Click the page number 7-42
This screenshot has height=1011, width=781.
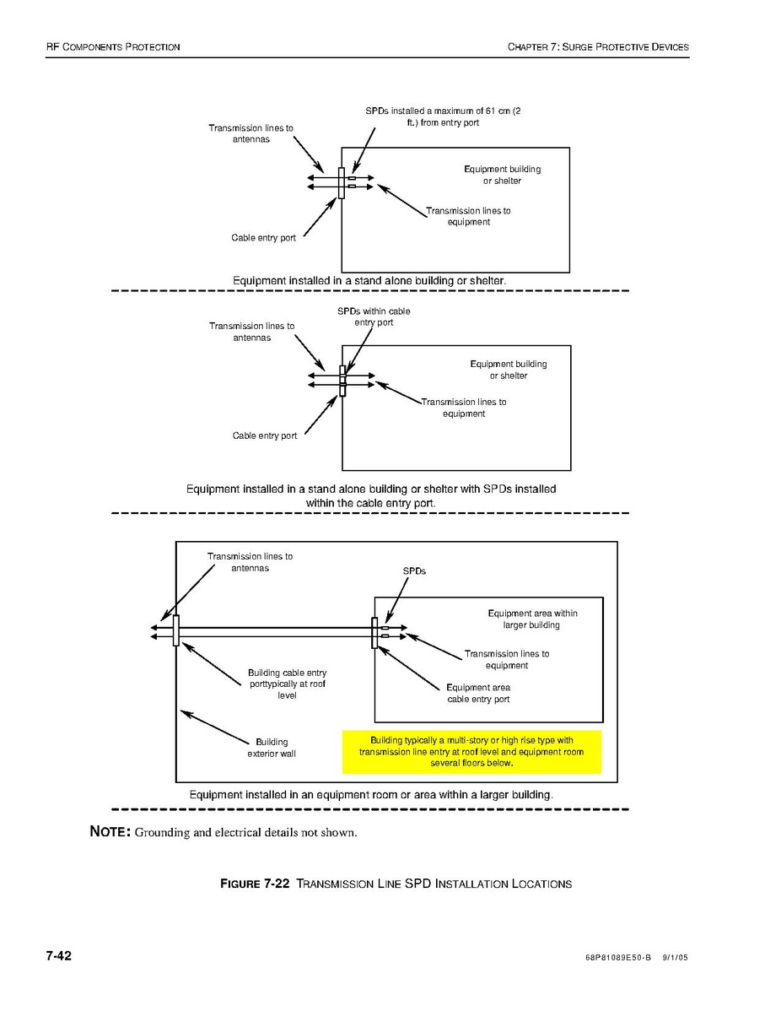point(59,956)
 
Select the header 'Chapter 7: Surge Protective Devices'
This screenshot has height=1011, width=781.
point(598,46)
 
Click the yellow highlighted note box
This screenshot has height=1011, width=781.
point(471,751)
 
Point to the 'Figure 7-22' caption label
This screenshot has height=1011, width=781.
point(255,884)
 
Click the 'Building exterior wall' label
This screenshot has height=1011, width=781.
point(272,748)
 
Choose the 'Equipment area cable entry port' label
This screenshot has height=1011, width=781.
point(478,693)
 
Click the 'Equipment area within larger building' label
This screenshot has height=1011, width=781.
point(532,619)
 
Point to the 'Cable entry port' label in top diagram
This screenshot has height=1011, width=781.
point(264,238)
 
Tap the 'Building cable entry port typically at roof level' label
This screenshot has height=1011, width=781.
point(287,684)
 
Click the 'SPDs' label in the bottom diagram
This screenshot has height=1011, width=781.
point(414,571)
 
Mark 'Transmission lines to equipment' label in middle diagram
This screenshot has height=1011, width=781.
point(464,408)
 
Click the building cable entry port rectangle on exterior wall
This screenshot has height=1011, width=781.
point(176,630)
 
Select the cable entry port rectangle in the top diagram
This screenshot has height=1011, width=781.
point(341,183)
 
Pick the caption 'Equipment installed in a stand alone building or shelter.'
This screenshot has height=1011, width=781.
point(369,279)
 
